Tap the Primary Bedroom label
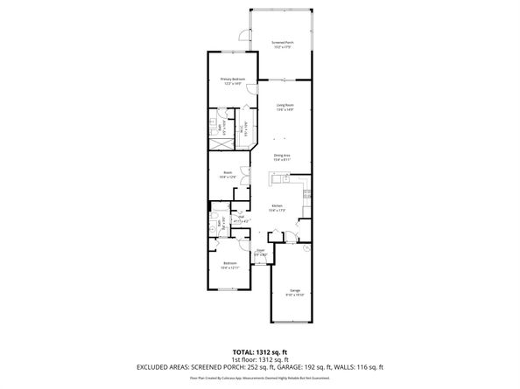[x=232, y=81]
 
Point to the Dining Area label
[x=281, y=157]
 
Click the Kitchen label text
[x=277, y=208]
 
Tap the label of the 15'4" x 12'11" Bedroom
[x=230, y=264]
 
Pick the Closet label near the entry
[x=260, y=252]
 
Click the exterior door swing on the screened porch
[x=242, y=35]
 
